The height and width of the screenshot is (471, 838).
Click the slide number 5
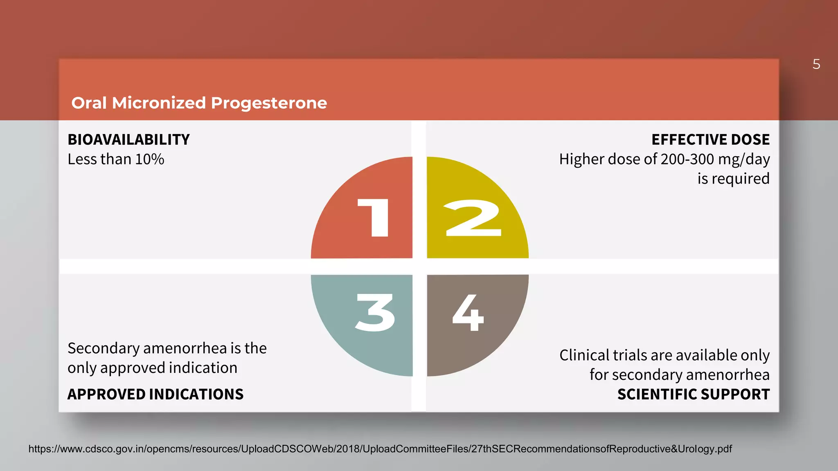point(816,65)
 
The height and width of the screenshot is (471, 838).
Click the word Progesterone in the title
point(269,103)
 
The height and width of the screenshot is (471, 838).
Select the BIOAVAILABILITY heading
point(128,140)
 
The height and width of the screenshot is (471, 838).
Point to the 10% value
point(150,159)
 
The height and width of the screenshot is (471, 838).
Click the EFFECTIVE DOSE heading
point(710,140)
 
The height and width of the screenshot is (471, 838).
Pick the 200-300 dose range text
point(687,159)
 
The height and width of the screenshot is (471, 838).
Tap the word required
point(740,179)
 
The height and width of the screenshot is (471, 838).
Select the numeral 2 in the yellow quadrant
point(473,218)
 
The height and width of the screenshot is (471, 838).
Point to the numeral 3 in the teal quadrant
point(375,313)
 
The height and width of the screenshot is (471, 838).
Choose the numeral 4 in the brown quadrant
point(469,313)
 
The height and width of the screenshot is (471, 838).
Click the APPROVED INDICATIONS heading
point(155,395)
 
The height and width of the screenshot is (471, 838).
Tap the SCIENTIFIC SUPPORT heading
point(693,395)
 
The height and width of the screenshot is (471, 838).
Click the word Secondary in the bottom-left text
point(104,348)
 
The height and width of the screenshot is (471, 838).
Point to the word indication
point(203,368)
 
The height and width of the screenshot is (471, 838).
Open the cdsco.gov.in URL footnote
point(380,449)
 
